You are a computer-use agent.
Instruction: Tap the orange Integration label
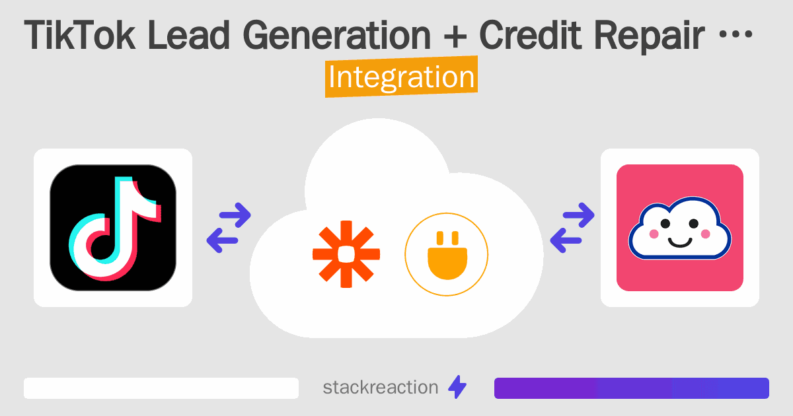click(401, 77)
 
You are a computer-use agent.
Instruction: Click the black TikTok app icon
click(113, 228)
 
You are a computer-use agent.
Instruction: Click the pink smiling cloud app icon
click(679, 228)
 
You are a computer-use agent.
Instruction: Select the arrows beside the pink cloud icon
click(572, 228)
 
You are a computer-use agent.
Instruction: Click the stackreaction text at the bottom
click(380, 388)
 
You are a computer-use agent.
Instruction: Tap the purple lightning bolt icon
click(457, 388)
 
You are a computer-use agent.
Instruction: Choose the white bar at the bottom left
click(161, 388)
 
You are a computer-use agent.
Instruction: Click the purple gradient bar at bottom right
click(631, 388)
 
